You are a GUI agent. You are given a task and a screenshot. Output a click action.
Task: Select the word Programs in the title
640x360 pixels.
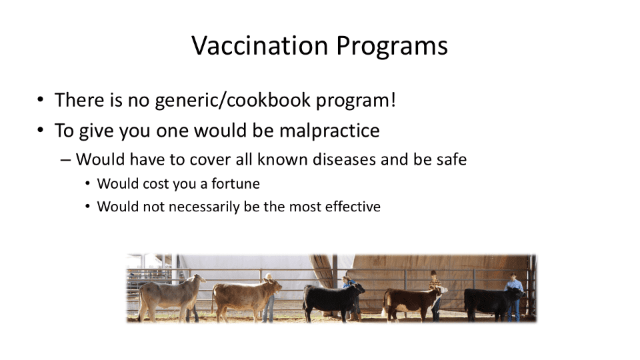(392, 47)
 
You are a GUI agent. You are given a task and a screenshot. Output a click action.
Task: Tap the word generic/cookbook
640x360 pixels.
(233, 100)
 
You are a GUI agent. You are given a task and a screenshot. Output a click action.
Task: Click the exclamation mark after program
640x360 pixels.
(393, 99)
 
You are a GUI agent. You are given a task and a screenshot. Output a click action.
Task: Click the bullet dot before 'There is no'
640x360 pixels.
(40, 99)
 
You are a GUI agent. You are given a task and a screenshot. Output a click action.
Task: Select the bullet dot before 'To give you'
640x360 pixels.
(40, 130)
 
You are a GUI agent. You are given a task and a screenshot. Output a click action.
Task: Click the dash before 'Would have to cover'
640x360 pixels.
(65, 160)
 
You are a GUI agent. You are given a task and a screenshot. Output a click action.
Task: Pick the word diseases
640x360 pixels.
(344, 159)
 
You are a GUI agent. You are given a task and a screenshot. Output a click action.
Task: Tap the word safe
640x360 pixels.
(451, 159)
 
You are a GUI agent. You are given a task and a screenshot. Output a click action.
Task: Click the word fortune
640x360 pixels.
(235, 184)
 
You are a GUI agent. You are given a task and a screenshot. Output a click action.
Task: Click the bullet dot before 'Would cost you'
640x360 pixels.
(88, 184)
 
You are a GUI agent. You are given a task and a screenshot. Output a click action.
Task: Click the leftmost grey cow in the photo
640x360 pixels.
(170, 296)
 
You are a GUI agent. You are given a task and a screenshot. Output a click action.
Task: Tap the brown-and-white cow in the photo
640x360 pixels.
(412, 302)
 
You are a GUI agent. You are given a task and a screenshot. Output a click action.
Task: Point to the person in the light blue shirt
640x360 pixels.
(514, 296)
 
